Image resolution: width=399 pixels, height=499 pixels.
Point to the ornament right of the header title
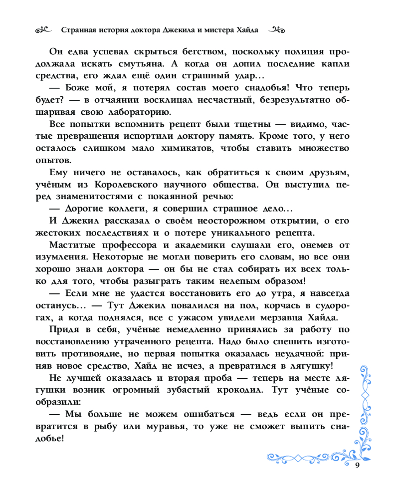276,29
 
